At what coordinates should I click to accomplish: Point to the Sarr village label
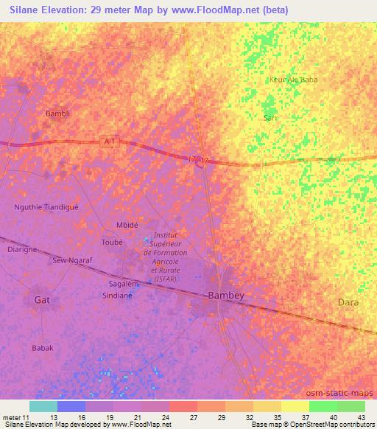pyautogui.click(x=270, y=117)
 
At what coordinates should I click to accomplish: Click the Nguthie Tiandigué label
pyautogui.click(x=46, y=207)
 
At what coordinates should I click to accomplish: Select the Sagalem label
pyautogui.click(x=124, y=283)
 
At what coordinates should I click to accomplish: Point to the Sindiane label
pyautogui.click(x=117, y=295)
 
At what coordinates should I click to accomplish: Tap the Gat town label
pyautogui.click(x=43, y=299)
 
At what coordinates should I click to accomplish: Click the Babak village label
pyautogui.click(x=43, y=347)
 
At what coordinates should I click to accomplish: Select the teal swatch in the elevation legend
pyautogui.click(x=43, y=406)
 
